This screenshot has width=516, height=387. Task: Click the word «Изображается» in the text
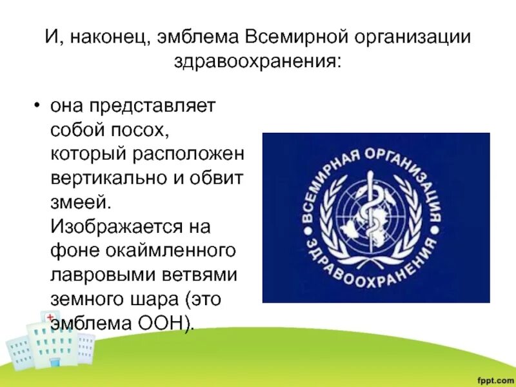(114, 227)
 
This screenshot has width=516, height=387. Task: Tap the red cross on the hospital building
(49, 317)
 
